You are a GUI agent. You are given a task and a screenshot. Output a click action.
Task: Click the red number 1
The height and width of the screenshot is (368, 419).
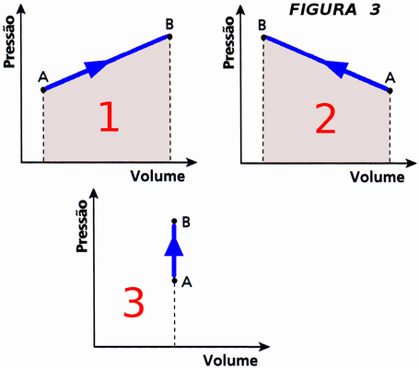(110, 117)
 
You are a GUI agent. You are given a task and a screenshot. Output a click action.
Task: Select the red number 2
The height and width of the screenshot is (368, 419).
(326, 119)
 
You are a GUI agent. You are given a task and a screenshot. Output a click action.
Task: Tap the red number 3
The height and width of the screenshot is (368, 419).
(134, 302)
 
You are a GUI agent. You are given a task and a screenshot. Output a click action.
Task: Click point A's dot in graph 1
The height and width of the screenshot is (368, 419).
(43, 90)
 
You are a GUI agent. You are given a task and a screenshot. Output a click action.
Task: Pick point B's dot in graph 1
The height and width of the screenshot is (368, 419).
(169, 37)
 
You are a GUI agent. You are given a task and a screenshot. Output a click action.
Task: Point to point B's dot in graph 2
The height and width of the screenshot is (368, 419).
(263, 38)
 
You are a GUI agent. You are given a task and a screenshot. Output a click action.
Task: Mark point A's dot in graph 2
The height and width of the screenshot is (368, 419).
(390, 91)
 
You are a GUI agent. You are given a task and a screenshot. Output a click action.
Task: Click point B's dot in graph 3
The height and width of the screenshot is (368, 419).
(174, 221)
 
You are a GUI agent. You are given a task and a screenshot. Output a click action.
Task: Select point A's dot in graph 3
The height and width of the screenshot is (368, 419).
(174, 281)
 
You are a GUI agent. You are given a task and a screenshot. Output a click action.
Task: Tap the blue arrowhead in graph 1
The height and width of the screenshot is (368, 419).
(95, 68)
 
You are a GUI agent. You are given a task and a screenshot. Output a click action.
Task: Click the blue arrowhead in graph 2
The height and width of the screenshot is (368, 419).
(337, 69)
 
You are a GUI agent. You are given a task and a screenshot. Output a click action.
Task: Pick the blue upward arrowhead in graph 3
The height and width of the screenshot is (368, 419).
(174, 247)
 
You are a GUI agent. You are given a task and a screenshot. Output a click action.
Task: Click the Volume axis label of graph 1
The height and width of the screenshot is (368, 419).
(157, 176)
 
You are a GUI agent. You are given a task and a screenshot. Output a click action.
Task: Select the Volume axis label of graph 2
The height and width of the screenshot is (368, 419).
(378, 177)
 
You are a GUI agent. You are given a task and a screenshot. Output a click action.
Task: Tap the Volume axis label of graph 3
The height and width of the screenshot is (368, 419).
(230, 361)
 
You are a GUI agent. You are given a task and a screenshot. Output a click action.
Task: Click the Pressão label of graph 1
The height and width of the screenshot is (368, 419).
(9, 41)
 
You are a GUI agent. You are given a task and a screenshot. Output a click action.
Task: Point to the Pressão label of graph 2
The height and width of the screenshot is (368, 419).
(228, 42)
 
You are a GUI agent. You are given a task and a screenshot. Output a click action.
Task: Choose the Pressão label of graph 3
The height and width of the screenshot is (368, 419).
(82, 226)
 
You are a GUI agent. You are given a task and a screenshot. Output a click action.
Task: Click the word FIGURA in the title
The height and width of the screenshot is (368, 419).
(323, 9)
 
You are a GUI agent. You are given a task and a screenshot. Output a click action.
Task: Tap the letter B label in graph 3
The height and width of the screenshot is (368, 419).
(186, 222)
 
